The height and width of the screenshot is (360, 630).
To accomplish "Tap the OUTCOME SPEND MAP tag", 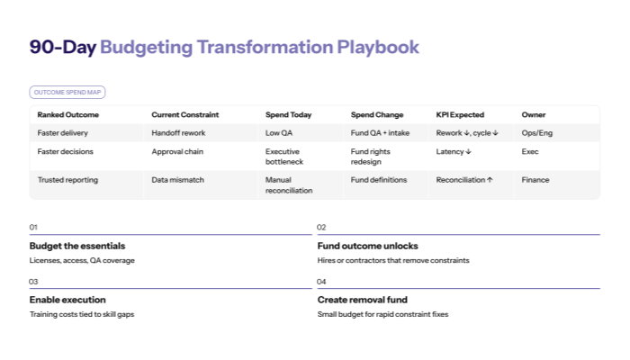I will pyautogui.click(x=67, y=92).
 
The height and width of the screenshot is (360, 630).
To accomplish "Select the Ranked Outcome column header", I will pyautogui.click(x=68, y=115).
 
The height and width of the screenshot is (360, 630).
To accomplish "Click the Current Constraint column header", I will pyautogui.click(x=185, y=115).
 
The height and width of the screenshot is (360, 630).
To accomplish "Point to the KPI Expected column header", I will pyautogui.click(x=460, y=115).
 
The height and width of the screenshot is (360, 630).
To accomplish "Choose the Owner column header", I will pyautogui.click(x=534, y=115).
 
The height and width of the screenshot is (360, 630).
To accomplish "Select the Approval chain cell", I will pyautogui.click(x=178, y=151).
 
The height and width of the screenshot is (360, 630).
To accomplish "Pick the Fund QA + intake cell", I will pyautogui.click(x=381, y=133).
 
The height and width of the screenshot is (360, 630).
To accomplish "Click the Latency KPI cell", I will pyautogui.click(x=454, y=151).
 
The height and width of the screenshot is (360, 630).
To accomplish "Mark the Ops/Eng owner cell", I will pyautogui.click(x=537, y=133).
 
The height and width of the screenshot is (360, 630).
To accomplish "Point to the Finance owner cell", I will pyautogui.click(x=535, y=180).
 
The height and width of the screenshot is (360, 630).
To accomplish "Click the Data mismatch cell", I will pyautogui.click(x=178, y=180).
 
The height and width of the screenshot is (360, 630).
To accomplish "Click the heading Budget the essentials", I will pyautogui.click(x=77, y=246).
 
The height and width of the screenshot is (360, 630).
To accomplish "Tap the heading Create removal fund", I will pyautogui.click(x=367, y=300).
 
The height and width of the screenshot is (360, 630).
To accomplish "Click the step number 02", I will pyautogui.click(x=321, y=228).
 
